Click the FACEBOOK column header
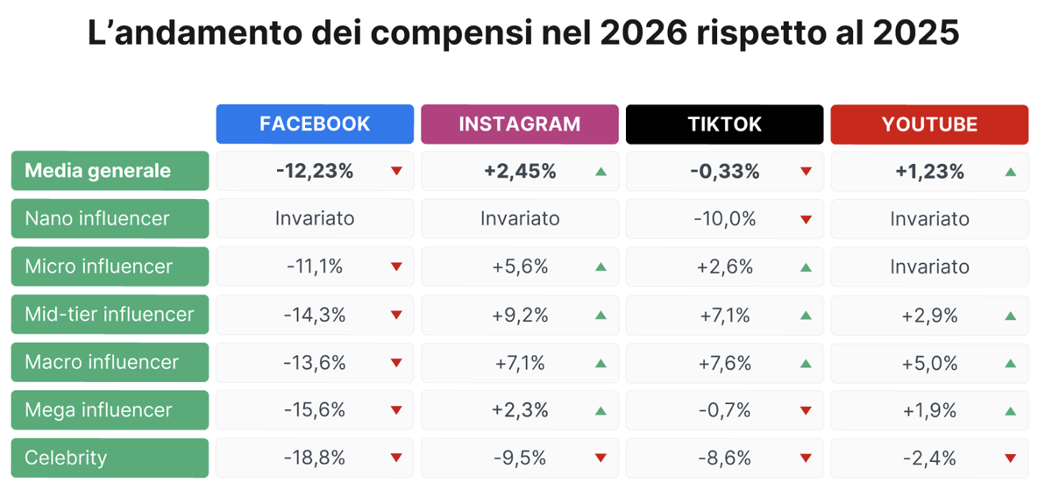coord(315,124)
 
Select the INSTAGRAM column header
coord(519,124)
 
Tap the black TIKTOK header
coord(724,124)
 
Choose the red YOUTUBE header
coord(929,124)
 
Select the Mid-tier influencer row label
coord(110,315)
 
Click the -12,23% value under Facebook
coord(315,171)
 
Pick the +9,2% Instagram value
coord(520,315)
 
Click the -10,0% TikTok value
coord(725,219)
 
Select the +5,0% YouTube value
coord(929,363)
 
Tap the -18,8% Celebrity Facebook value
coord(315,458)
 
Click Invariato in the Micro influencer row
coord(929,266)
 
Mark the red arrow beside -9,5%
coord(601,458)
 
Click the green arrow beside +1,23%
coord(1011,173)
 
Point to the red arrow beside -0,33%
coord(806,171)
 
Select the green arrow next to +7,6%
coord(806,364)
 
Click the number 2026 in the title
coord(643,33)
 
